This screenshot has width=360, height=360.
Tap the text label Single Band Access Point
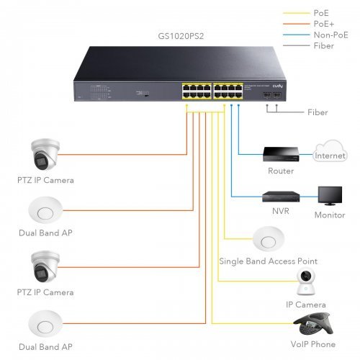pyautogui.click(x=268, y=261)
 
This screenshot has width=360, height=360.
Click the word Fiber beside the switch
pyautogui.click(x=317, y=112)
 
